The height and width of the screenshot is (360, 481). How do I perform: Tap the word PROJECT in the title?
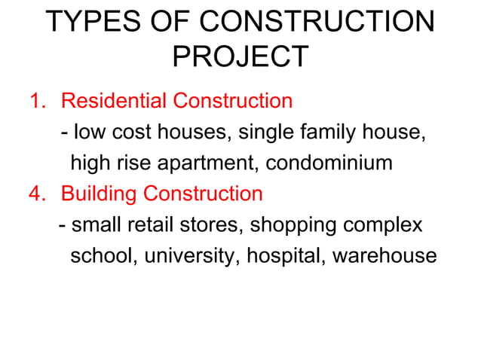(240, 56)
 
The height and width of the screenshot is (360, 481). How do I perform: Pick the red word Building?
(100, 194)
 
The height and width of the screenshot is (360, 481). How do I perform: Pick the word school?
(100, 256)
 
